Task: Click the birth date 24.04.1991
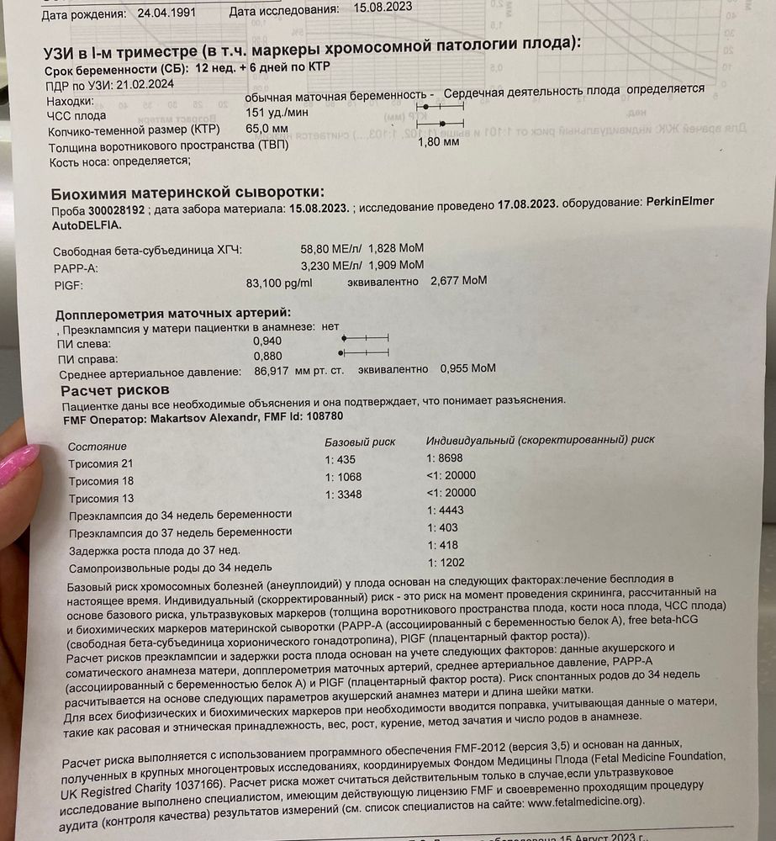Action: pyautogui.click(x=161, y=14)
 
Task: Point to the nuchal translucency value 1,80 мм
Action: pyautogui.click(x=438, y=142)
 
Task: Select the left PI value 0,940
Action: pyautogui.click(x=267, y=341)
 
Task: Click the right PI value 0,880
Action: pyautogui.click(x=267, y=356)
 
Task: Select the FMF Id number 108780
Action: pyautogui.click(x=323, y=416)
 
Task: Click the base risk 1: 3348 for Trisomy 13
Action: pyautogui.click(x=345, y=494)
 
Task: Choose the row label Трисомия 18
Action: pyautogui.click(x=101, y=481)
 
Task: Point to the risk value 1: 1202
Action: pyautogui.click(x=446, y=563)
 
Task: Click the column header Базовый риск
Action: pyautogui.click(x=359, y=442)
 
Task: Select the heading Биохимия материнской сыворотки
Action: pyautogui.click(x=187, y=193)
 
